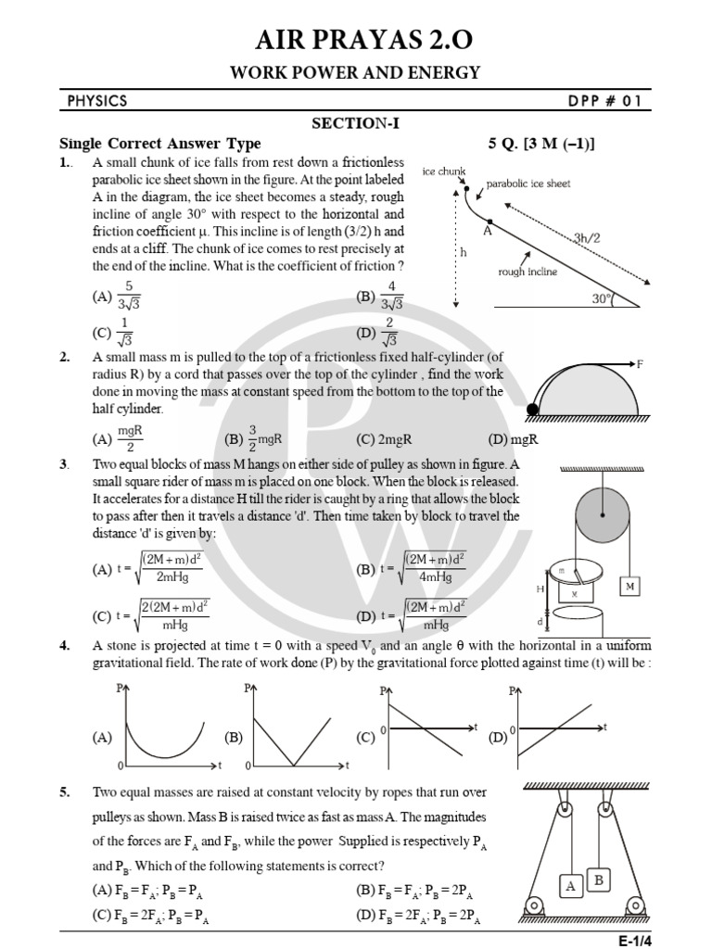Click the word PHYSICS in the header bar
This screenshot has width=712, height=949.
(96, 101)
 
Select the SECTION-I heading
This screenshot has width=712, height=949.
(356, 123)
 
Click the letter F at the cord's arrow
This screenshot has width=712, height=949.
(639, 364)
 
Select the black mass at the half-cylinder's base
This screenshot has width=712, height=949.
(532, 408)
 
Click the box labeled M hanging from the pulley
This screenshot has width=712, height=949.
(630, 586)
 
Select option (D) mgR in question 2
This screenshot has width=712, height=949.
(518, 439)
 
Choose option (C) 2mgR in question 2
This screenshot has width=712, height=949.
(381, 439)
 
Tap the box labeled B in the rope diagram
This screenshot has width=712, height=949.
(600, 879)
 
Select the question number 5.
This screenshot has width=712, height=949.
(65, 792)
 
